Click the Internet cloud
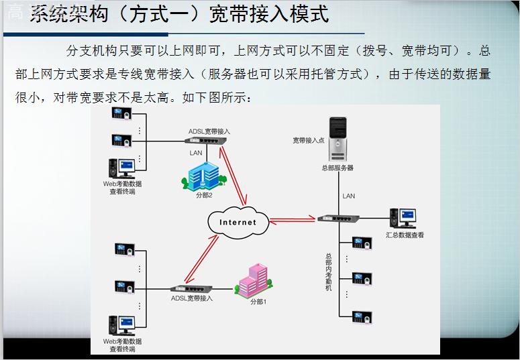[238, 222]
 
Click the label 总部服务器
[337, 168]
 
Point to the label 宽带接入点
[308, 141]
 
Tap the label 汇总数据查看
[405, 235]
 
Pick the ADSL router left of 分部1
[189, 287]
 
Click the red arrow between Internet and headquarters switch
[293, 218]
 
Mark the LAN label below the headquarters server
[349, 196]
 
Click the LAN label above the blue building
[196, 153]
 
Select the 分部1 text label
[259, 302]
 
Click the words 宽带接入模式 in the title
[272, 15]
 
